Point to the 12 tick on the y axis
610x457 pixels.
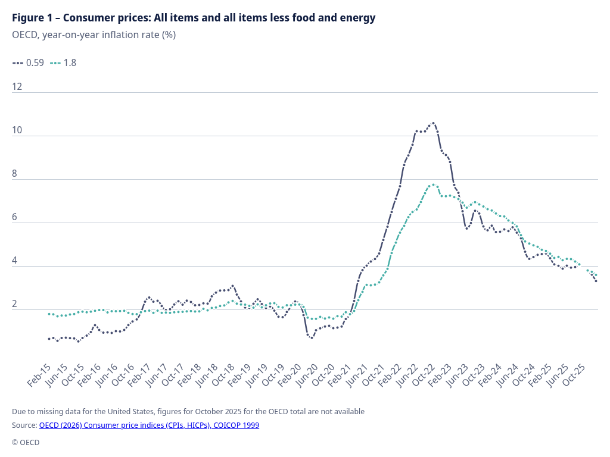[x=17, y=87]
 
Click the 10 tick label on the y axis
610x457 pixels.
[x=17, y=130]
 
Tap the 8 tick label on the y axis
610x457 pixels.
[x=15, y=174]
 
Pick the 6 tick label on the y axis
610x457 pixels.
[x=15, y=217]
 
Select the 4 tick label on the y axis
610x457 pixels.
[x=15, y=261]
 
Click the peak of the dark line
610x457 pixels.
[x=433, y=123]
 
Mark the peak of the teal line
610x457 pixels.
[x=433, y=184]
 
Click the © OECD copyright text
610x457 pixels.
[x=26, y=442]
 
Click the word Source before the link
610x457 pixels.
[x=24, y=425]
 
